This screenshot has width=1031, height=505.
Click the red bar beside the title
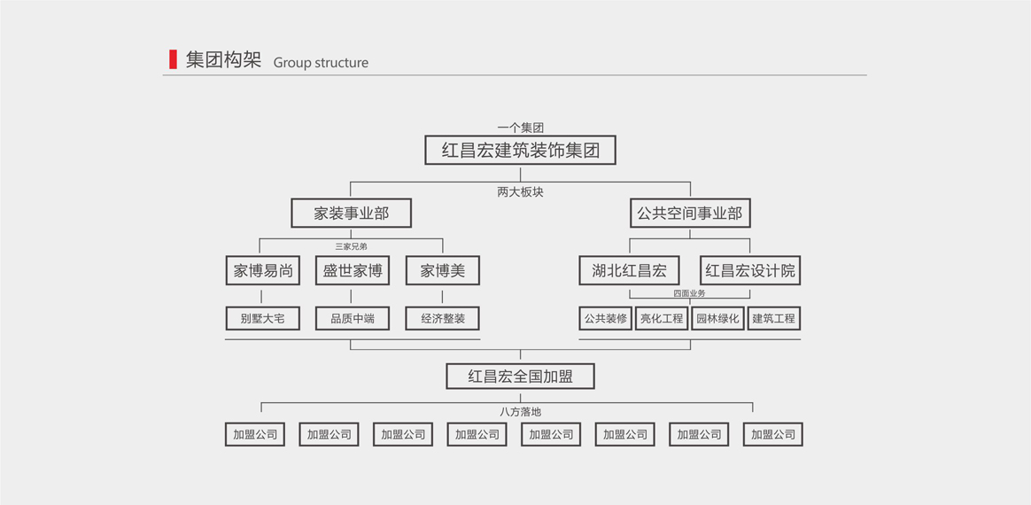tap(173, 59)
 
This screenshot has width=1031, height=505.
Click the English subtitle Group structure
tap(321, 63)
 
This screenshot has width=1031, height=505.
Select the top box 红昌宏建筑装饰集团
tap(520, 151)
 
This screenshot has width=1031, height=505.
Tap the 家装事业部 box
tap(351, 214)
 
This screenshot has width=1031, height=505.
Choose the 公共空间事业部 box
tap(690, 214)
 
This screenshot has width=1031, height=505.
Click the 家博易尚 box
tap(263, 271)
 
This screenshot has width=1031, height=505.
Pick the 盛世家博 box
tap(353, 271)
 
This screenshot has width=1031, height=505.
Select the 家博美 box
tap(442, 271)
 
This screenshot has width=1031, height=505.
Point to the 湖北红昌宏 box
tap(629, 271)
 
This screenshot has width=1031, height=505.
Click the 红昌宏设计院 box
tap(750, 271)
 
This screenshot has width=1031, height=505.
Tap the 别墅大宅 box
tap(263, 318)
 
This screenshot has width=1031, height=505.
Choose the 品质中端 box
tap(353, 318)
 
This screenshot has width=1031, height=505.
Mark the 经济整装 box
tap(442, 318)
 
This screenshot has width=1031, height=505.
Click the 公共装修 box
tap(606, 318)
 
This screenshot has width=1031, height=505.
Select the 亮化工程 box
tap(662, 318)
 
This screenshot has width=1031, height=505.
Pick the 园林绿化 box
tap(717, 318)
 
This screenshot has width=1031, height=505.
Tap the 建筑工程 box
tap(773, 318)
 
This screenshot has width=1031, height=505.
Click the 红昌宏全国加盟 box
tap(520, 377)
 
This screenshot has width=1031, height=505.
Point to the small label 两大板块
tap(520, 192)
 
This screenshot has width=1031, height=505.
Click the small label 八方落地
tap(520, 412)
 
